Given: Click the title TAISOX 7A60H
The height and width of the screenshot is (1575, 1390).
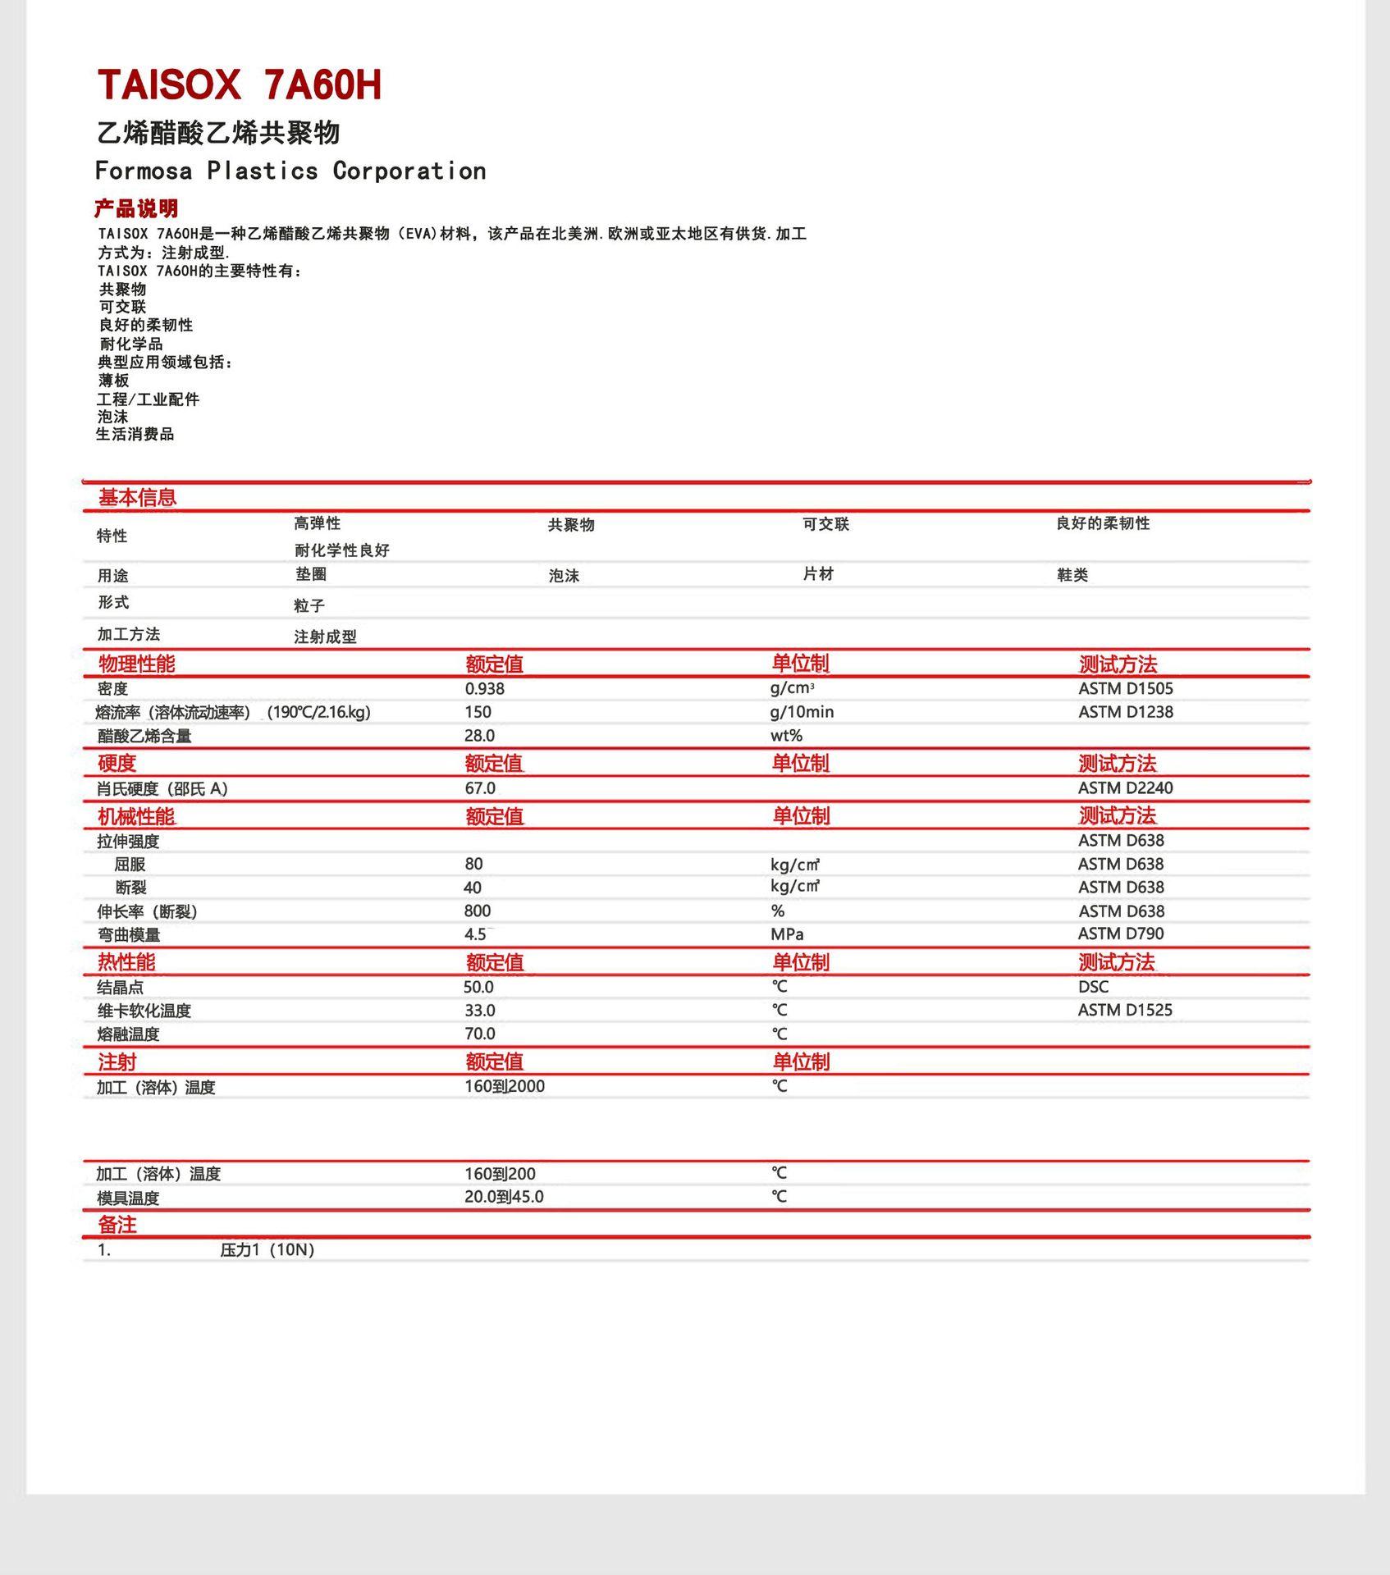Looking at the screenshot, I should (240, 85).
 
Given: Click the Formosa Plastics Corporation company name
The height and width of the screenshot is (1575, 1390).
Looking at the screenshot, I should (290, 171).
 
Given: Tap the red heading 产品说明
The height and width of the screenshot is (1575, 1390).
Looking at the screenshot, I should (136, 208).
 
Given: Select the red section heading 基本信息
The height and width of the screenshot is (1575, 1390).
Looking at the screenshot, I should (137, 497).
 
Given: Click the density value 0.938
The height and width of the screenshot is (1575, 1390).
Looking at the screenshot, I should (484, 689).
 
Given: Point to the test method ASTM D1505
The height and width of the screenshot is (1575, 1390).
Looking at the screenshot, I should (1125, 689).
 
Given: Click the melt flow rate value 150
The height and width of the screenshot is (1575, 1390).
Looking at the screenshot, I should (478, 712).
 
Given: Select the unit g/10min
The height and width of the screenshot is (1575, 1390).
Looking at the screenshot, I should (801, 712).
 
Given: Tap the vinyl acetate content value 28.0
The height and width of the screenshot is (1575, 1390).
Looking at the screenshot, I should (479, 736).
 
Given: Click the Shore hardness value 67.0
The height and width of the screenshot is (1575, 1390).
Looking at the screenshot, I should (480, 788).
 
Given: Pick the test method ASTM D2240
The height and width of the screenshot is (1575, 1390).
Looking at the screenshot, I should (1125, 788).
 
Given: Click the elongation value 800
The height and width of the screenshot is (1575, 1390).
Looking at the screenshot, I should (477, 911).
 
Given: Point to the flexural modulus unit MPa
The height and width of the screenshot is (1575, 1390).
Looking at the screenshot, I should (786, 934).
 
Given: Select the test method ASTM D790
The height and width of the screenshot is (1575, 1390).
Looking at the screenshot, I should (1120, 934).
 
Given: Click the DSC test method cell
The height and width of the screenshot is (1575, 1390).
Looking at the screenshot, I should (1093, 987).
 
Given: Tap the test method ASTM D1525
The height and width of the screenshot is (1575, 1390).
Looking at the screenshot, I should (1124, 1010).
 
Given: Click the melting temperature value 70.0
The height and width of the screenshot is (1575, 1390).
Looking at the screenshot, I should (480, 1034).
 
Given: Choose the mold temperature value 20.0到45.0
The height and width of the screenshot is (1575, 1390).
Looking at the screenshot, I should (504, 1197).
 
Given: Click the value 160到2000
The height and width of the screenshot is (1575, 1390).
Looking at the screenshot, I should (504, 1086).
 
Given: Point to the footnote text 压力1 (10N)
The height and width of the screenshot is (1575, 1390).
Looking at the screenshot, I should (267, 1249).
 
